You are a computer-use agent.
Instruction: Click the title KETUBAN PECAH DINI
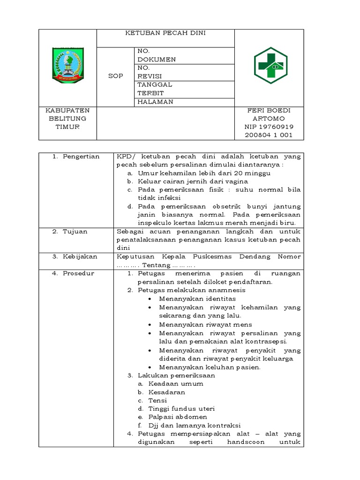click(x=165, y=33)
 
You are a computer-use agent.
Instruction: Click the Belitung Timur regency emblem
click(x=67, y=65)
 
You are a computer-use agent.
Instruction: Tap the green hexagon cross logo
click(x=270, y=66)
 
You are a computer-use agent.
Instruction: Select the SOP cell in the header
click(x=115, y=76)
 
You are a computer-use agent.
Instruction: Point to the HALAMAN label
click(x=155, y=102)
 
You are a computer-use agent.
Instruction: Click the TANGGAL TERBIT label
click(x=155, y=89)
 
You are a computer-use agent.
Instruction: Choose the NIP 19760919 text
click(x=269, y=127)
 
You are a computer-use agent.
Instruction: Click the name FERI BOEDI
click(x=269, y=110)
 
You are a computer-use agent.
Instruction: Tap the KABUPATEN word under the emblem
click(x=67, y=110)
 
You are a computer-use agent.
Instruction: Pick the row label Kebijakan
click(x=80, y=257)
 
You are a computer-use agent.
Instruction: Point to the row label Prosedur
click(x=78, y=274)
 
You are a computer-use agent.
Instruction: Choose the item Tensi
click(x=157, y=400)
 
